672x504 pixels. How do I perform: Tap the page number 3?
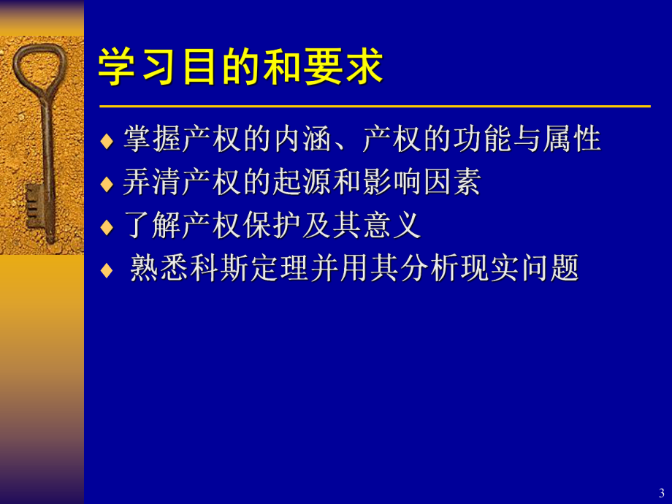662,492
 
